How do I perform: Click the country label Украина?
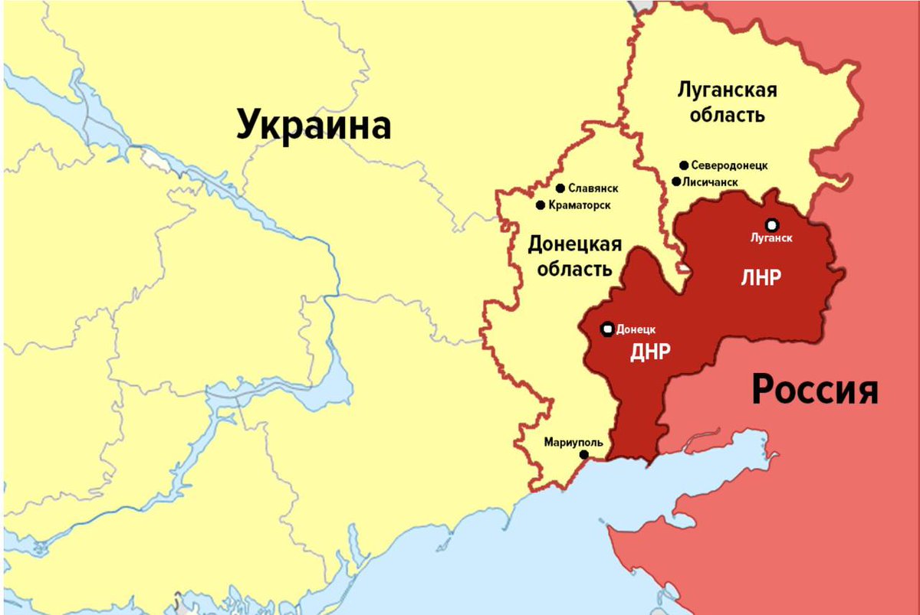[314, 124]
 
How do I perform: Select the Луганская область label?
[727, 103]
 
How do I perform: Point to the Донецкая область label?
[574, 257]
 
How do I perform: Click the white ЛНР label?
[761, 278]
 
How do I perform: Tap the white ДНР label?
[651, 352]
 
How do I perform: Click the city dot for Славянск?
[560, 188]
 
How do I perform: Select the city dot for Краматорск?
[540, 205]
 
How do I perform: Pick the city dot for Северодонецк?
[683, 165]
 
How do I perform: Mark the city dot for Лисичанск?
[675, 182]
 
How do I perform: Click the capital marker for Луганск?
[771, 224]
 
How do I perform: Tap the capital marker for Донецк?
[607, 329]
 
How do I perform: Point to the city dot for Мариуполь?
[583, 455]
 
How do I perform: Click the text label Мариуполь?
[573, 442]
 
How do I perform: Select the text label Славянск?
[593, 188]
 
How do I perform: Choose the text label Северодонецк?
[729, 165]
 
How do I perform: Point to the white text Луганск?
[771, 237]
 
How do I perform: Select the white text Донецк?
[636, 329]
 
